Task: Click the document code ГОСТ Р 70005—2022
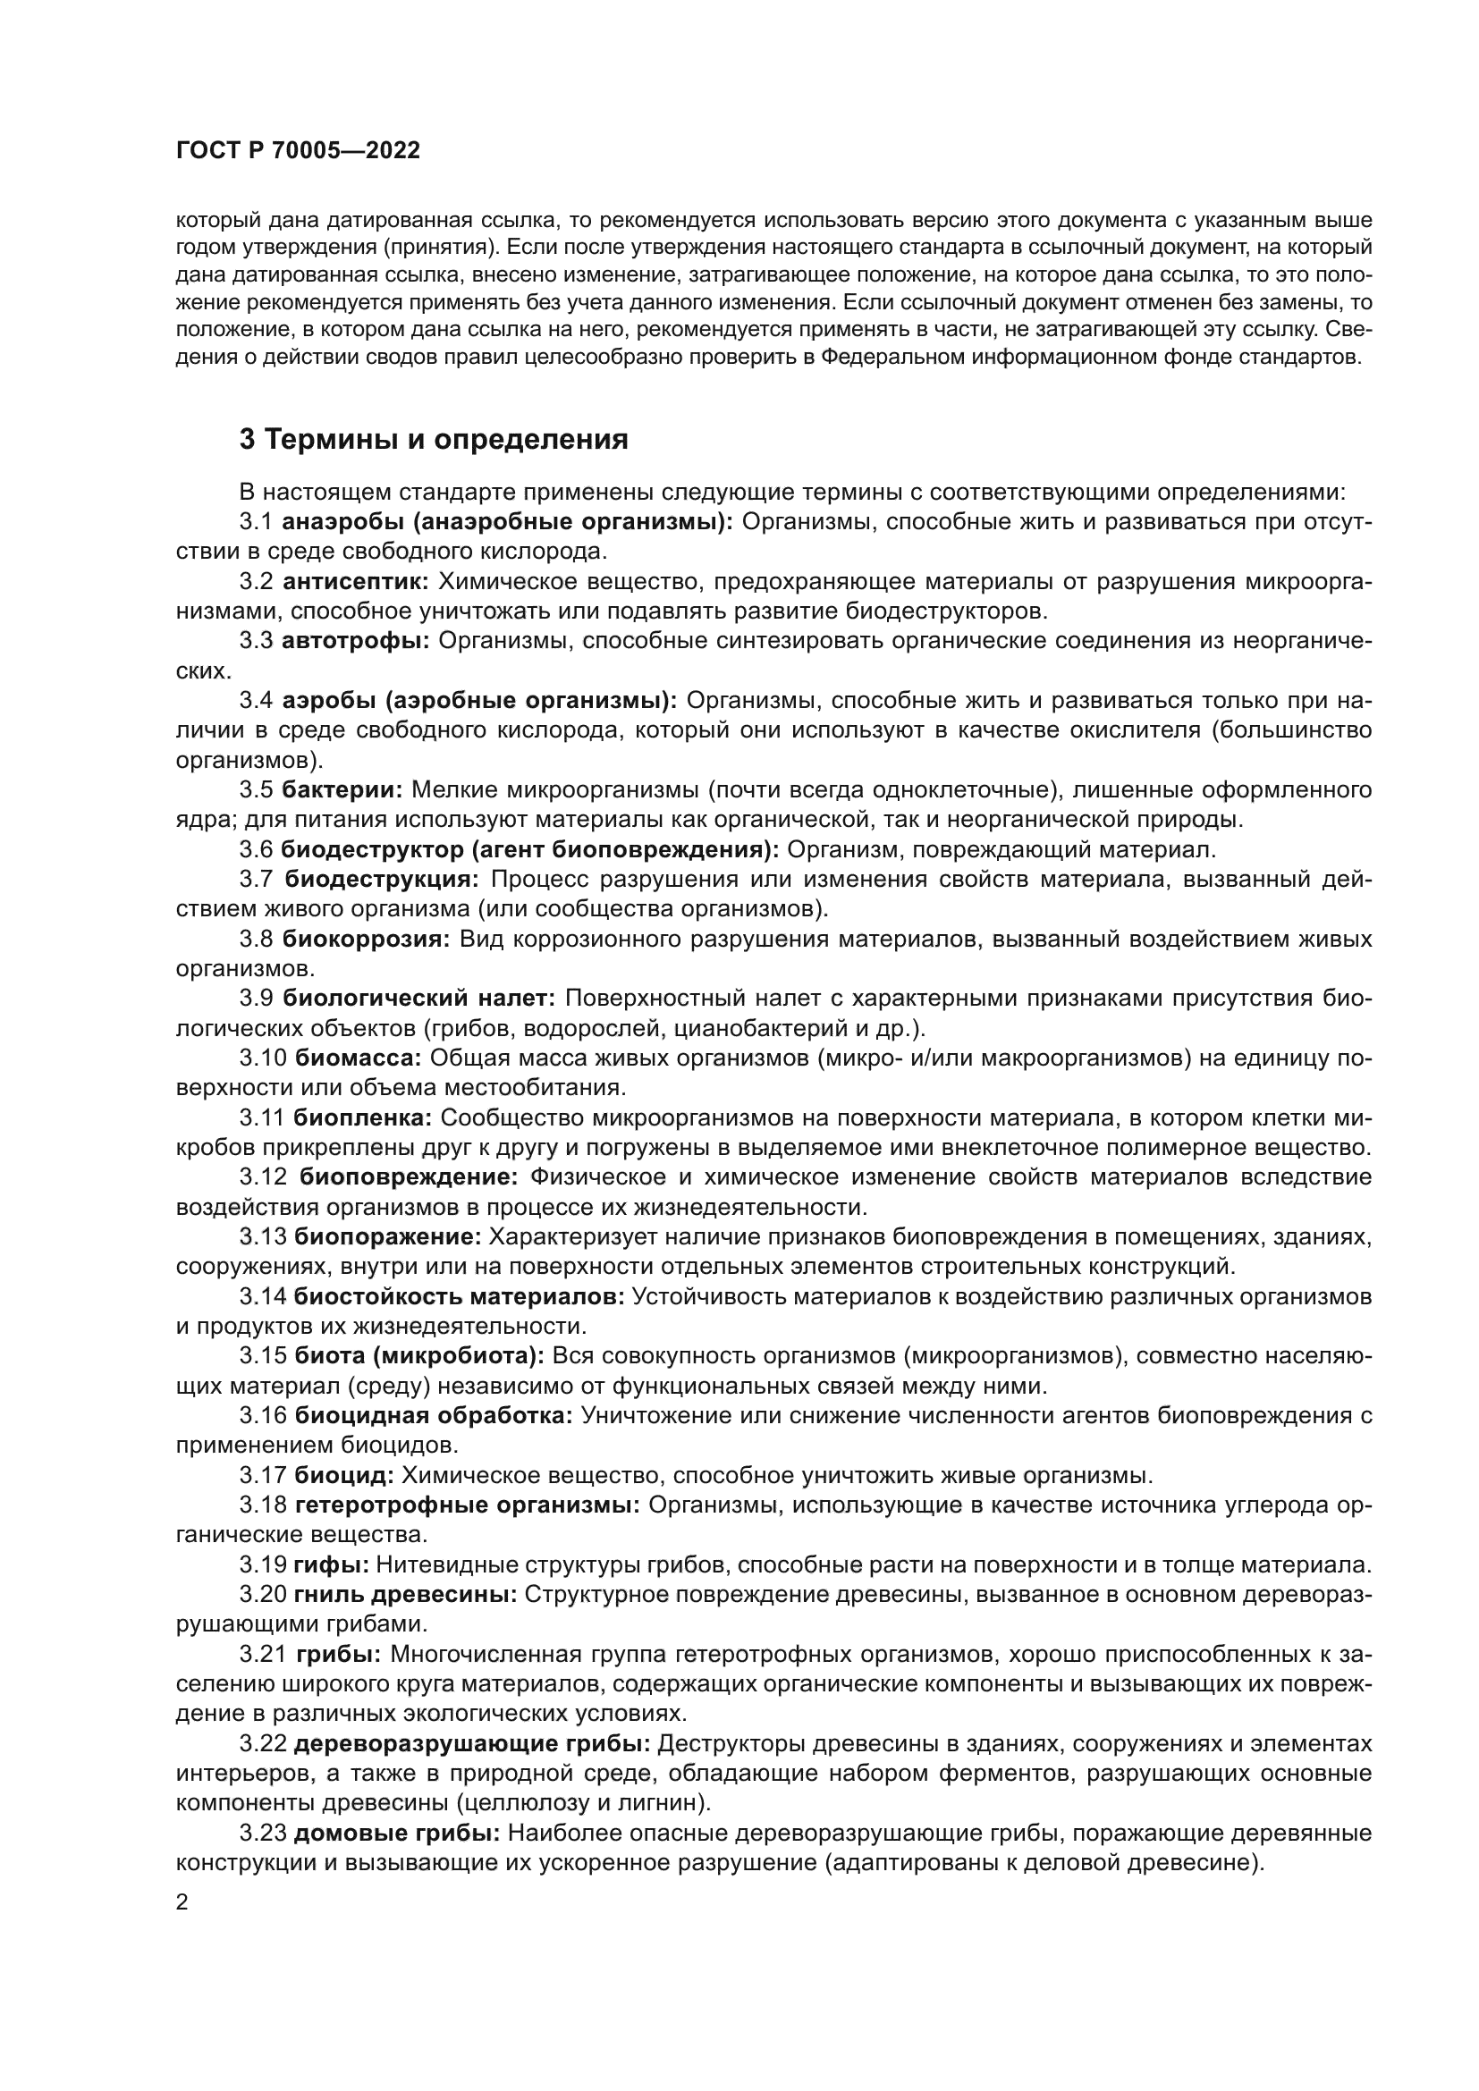(298, 151)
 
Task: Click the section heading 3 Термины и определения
(434, 440)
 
